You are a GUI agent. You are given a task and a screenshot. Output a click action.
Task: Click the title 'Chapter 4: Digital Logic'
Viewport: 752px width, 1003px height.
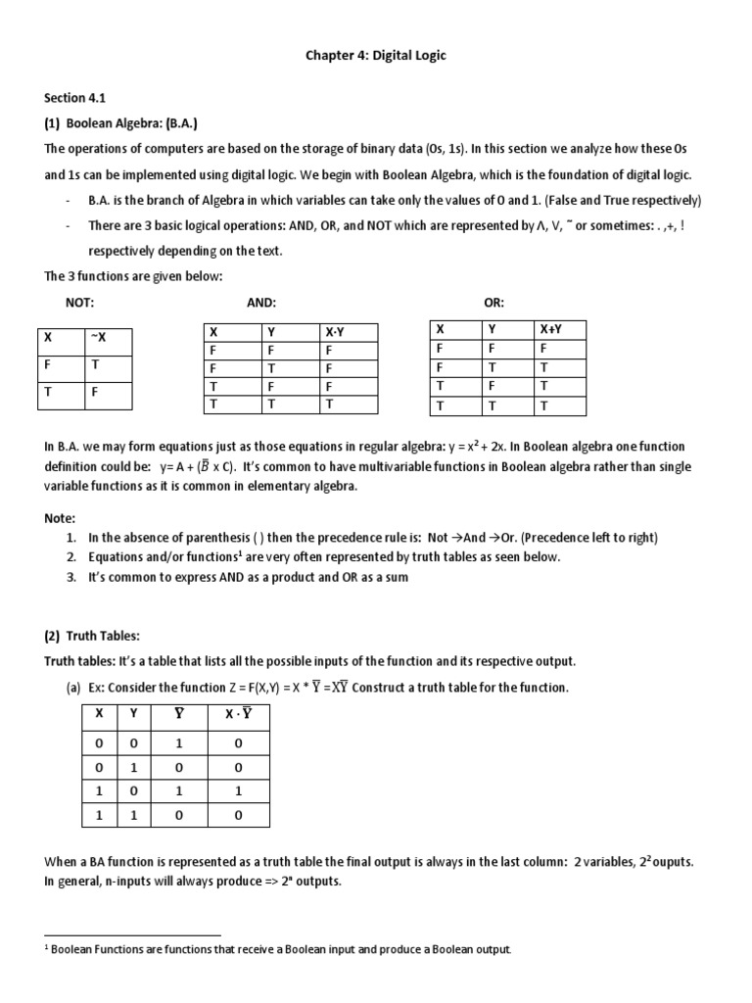pos(376,56)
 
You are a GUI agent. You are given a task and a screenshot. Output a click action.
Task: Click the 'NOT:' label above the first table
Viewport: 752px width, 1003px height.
pos(79,304)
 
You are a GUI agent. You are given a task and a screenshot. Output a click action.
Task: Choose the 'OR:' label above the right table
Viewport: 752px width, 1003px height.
pos(494,304)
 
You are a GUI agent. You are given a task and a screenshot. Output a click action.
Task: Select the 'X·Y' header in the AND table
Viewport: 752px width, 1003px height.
pos(335,332)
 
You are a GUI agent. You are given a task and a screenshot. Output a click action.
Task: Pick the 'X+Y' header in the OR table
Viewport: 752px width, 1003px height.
pos(550,329)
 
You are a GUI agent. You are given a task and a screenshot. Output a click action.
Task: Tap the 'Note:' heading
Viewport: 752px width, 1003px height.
pos(61,517)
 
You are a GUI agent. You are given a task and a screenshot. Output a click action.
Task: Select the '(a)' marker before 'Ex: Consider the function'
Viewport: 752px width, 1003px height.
pos(73,688)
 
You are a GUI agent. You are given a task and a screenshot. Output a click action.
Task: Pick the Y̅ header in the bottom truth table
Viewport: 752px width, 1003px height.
pos(179,714)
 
